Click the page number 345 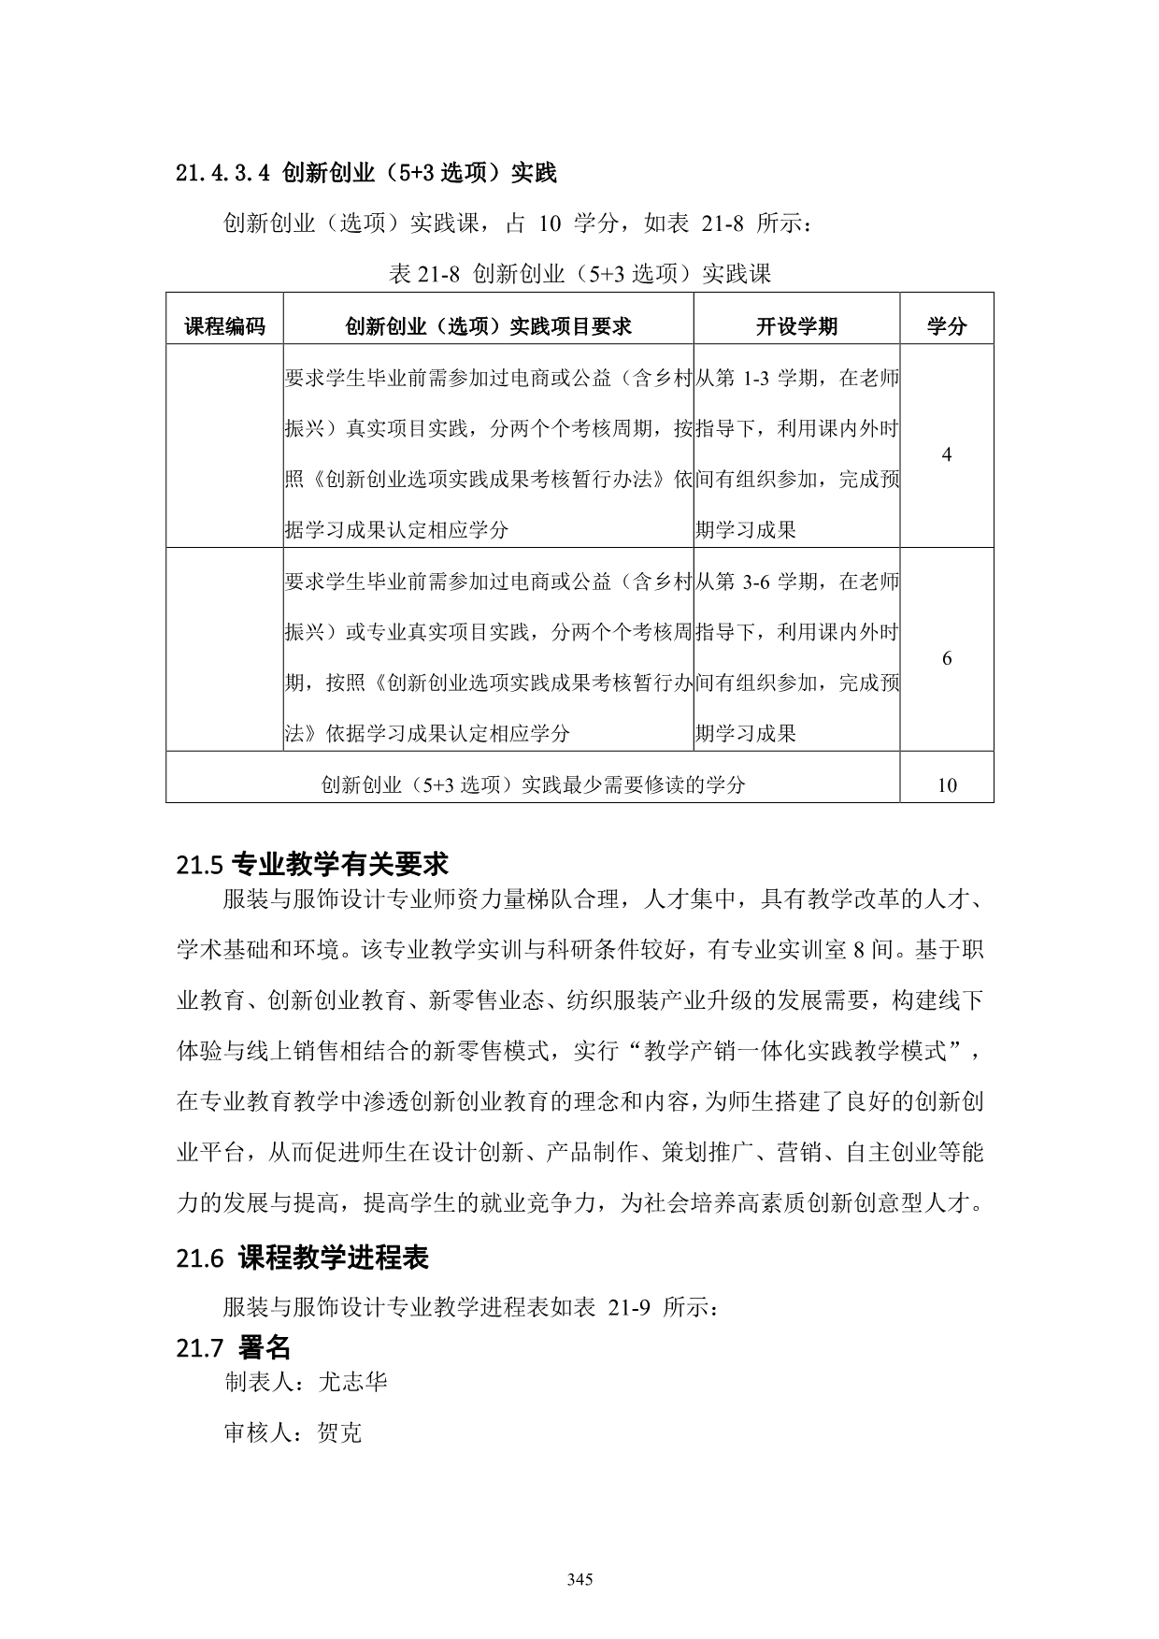[579, 1580]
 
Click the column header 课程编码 [224, 326]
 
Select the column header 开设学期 [796, 326]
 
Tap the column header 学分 [946, 326]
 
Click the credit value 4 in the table [947, 454]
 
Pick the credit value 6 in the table [947, 658]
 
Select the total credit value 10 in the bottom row [947, 785]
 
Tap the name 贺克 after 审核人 [339, 1432]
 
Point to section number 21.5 [199, 866]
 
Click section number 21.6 [199, 1258]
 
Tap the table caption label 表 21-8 [425, 274]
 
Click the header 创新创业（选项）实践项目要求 [488, 326]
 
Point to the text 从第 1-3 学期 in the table [762, 378]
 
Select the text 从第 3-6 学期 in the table [762, 582]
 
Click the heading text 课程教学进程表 [334, 1258]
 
